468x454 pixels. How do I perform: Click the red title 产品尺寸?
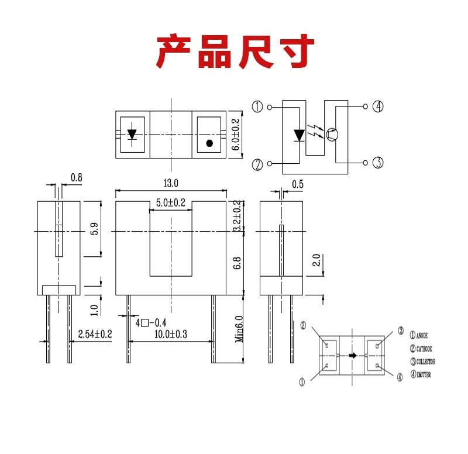click(x=235, y=52)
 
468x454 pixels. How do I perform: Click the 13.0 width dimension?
click(x=171, y=184)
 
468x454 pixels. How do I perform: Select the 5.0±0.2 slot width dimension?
click(x=170, y=203)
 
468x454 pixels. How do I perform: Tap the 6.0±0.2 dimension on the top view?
click(x=236, y=134)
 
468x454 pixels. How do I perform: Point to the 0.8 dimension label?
click(x=76, y=177)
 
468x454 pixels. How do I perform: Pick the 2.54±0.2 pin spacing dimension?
click(x=95, y=334)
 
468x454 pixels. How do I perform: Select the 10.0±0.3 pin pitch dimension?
click(x=170, y=334)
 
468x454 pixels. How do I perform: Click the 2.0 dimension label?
click(x=316, y=261)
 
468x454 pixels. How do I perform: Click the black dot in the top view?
click(x=209, y=143)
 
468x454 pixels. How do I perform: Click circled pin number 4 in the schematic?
click(x=378, y=106)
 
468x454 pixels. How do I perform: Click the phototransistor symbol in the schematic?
click(x=332, y=135)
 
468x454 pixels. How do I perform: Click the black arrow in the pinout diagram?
click(x=351, y=355)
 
